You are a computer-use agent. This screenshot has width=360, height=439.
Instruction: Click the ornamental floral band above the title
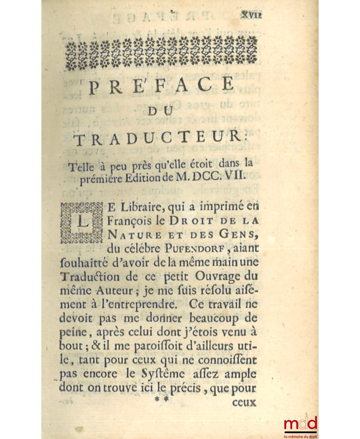pyautogui.click(x=161, y=53)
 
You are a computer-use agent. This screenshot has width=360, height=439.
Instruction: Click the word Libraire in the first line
pyautogui.click(x=141, y=208)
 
